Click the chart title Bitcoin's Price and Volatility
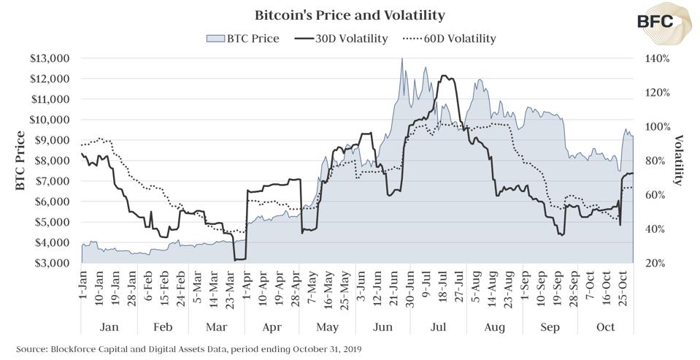pos(350,15)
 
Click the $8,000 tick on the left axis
pos(50,161)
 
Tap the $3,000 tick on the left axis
pos(50,263)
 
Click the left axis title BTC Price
pos(20,161)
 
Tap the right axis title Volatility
pos(678,161)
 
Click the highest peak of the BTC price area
pos(401,58)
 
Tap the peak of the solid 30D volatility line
pos(445,76)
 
